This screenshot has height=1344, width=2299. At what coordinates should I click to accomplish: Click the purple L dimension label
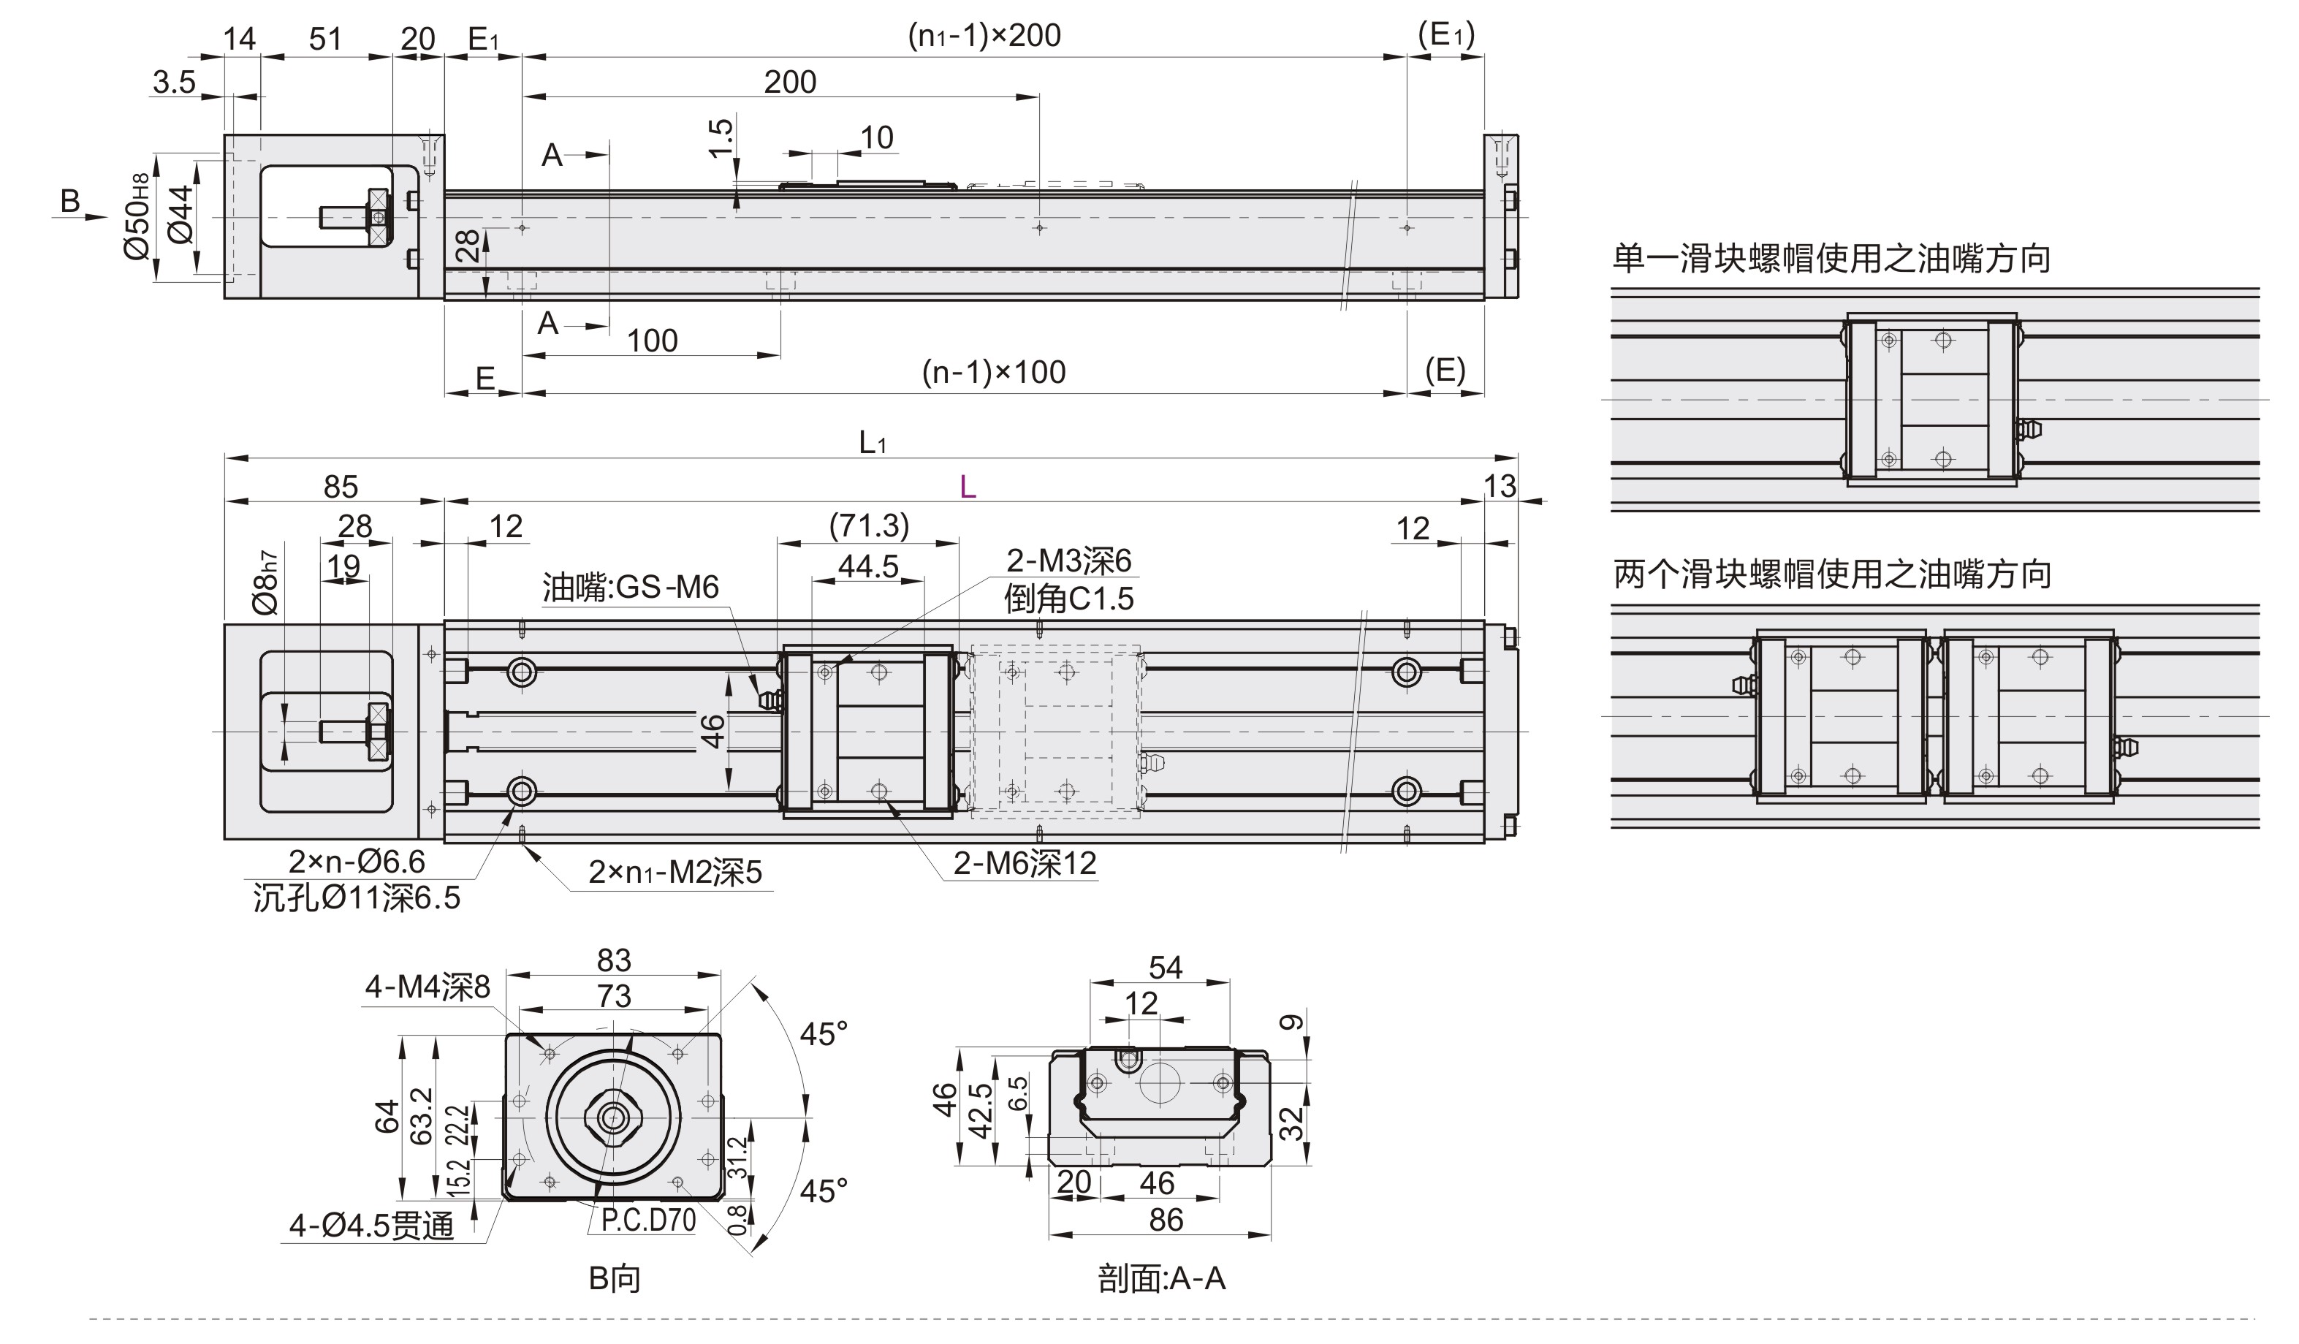coord(968,487)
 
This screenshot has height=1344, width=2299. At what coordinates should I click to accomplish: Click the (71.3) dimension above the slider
coord(868,525)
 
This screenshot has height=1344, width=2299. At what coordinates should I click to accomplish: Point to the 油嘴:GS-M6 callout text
coord(631,587)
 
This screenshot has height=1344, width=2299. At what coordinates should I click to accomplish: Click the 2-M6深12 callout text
coord(1025,863)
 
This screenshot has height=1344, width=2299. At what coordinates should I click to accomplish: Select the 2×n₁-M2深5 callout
coord(674,873)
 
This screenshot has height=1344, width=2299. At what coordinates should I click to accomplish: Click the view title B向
coord(614,1279)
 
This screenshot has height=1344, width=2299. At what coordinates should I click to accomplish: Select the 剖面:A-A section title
coord(1161,1279)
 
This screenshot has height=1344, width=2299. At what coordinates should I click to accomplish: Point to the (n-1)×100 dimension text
coord(994,372)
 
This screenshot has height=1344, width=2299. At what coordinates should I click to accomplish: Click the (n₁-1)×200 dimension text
coord(984,36)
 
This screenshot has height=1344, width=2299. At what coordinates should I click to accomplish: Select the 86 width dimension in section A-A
coord(1166,1220)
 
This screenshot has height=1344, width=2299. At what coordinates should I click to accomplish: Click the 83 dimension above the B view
coord(614,961)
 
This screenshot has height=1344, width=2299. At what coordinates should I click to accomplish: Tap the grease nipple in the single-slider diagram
coord(2031,429)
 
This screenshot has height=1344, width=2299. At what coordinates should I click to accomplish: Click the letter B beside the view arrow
coord(70,201)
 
